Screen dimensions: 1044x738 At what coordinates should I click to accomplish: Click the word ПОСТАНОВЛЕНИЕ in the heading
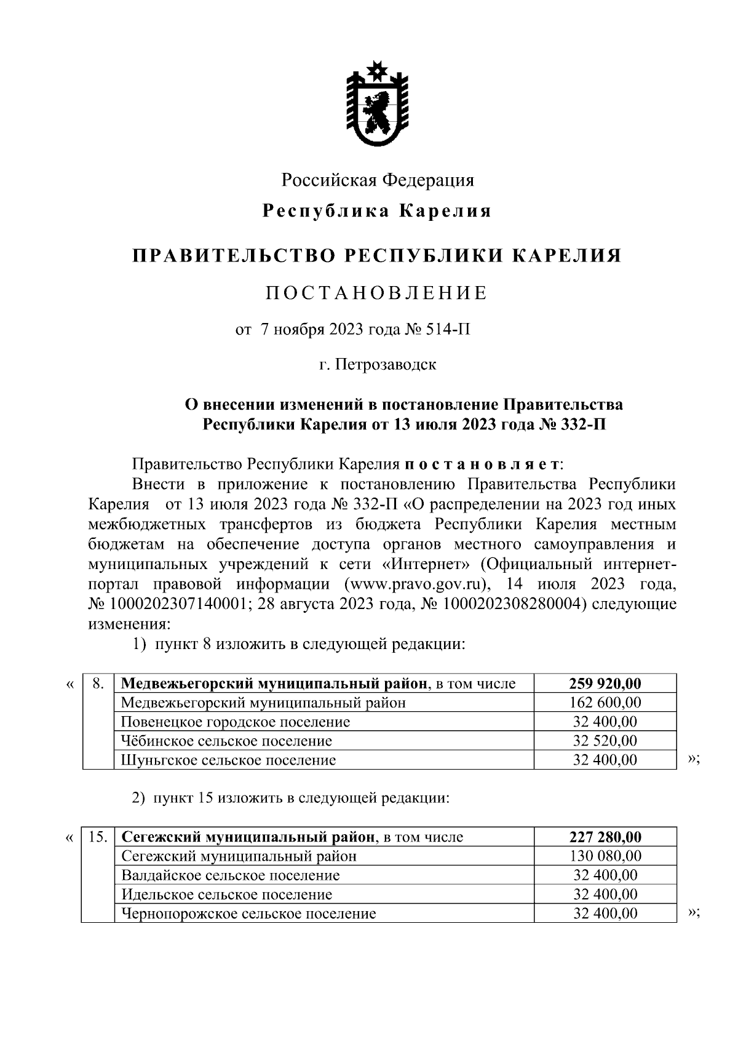(x=376, y=293)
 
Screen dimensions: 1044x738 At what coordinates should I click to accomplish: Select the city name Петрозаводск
(x=386, y=365)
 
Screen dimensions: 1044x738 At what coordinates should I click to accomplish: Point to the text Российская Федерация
(x=378, y=180)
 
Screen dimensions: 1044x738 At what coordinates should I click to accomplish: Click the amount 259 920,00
(x=605, y=683)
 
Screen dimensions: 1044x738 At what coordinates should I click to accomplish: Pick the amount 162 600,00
(x=605, y=703)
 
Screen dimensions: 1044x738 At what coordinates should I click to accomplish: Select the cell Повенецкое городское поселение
(x=236, y=722)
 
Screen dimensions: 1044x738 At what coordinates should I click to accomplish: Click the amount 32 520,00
(x=605, y=741)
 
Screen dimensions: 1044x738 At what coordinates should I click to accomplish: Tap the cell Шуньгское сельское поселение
(x=229, y=760)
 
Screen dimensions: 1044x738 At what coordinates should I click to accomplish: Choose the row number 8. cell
(x=98, y=683)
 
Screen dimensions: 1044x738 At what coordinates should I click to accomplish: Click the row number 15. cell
(x=98, y=837)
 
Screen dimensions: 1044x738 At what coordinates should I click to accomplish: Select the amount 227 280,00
(x=605, y=837)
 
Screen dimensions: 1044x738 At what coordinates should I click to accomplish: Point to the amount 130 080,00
(x=605, y=856)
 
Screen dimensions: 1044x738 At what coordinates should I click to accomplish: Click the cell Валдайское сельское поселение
(x=231, y=875)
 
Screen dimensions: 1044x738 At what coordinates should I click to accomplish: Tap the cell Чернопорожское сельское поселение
(x=248, y=914)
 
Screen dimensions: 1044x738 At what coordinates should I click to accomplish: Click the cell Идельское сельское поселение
(x=227, y=894)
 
